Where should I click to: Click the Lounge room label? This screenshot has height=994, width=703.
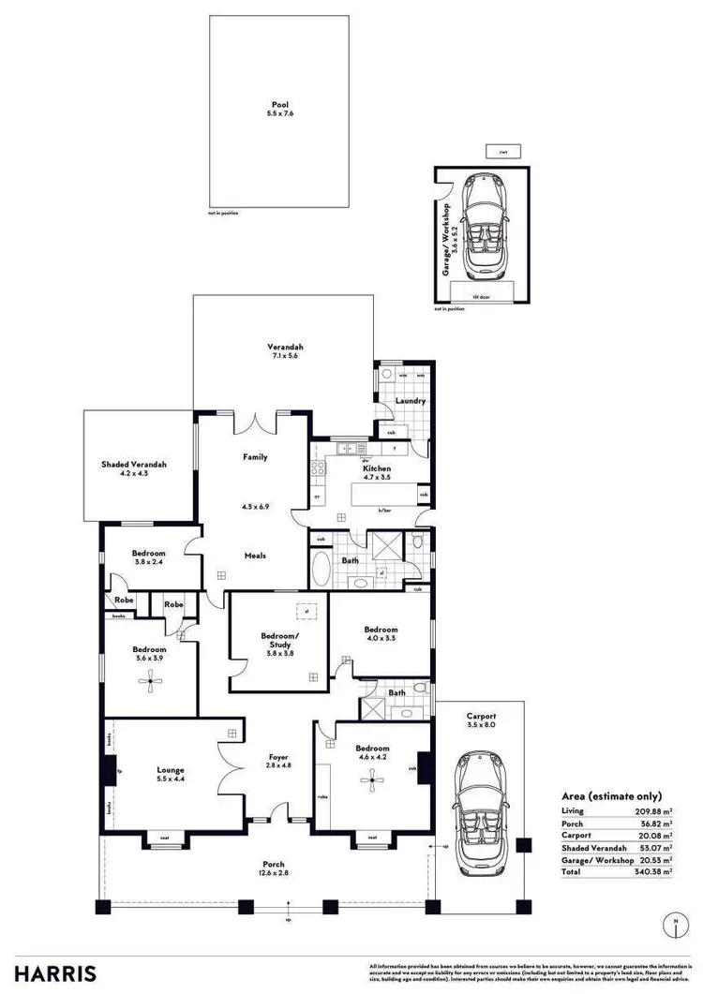(x=171, y=769)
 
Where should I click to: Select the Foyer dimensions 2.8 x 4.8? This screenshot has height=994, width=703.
(x=277, y=766)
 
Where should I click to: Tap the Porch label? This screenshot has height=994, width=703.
(x=273, y=864)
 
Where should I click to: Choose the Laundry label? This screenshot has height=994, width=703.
(x=411, y=401)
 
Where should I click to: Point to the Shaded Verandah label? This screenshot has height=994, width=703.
(x=134, y=464)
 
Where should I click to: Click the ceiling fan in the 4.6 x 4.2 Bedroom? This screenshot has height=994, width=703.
(x=374, y=777)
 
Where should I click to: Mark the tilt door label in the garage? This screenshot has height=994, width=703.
(x=482, y=297)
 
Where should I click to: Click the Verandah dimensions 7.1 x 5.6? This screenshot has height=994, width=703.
(x=285, y=356)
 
